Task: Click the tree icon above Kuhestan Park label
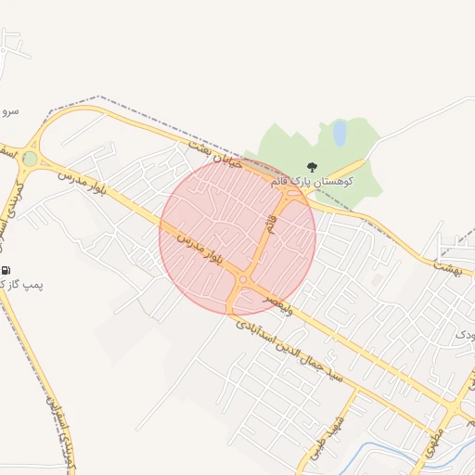point(310,168)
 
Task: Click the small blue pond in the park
point(340,133)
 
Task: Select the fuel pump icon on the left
point(6,270)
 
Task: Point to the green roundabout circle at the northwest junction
point(31,159)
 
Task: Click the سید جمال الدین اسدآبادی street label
point(289,352)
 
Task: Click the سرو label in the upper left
point(9,110)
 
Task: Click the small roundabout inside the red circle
point(243,279)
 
